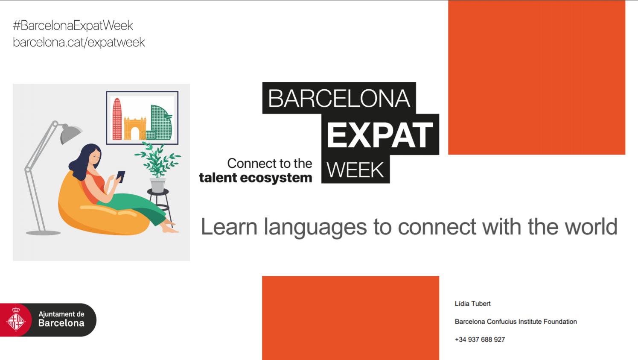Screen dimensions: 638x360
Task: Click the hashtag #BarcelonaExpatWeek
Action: click(x=73, y=26)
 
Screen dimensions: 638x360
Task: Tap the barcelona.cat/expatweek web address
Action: click(x=79, y=42)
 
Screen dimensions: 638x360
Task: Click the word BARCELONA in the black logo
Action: click(x=339, y=98)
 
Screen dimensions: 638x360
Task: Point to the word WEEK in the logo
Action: click(x=355, y=170)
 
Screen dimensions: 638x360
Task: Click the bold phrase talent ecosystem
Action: click(x=256, y=178)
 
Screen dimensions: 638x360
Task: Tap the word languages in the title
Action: click(x=315, y=228)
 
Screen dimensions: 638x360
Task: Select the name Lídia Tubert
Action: click(x=472, y=304)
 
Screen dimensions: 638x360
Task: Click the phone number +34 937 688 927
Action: click(x=480, y=340)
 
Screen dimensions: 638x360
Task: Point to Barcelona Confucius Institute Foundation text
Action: click(x=516, y=322)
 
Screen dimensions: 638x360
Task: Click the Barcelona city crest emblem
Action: click(x=16, y=319)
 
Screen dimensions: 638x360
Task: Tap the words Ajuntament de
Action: click(x=61, y=314)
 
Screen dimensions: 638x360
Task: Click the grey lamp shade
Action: click(x=70, y=133)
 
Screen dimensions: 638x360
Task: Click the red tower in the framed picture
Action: click(x=117, y=119)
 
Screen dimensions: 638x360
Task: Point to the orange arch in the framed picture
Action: click(x=135, y=129)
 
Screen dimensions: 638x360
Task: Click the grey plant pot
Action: click(x=158, y=185)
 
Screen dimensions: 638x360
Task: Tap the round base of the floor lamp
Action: click(x=43, y=233)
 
